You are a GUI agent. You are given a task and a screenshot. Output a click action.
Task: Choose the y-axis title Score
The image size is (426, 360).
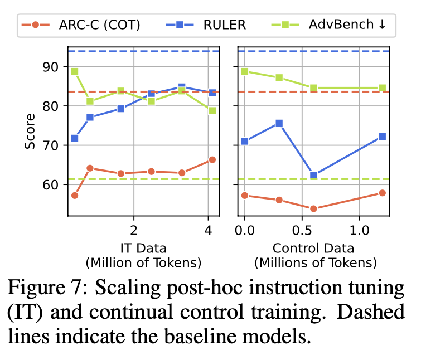(30, 132)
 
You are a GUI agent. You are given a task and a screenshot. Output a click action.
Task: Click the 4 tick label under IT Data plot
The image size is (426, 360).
(208, 230)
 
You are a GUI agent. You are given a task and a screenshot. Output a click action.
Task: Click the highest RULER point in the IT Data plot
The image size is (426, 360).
(182, 87)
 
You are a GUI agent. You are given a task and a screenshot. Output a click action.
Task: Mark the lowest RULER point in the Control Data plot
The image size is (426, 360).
(313, 175)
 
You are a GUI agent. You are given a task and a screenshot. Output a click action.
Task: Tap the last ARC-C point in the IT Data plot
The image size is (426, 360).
(212, 160)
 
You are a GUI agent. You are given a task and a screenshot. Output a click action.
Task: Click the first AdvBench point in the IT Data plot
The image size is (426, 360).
(75, 71)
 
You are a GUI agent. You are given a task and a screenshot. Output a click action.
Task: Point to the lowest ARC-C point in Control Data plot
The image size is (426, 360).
(313, 208)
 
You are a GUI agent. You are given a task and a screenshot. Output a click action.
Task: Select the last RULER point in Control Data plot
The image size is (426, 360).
(382, 137)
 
